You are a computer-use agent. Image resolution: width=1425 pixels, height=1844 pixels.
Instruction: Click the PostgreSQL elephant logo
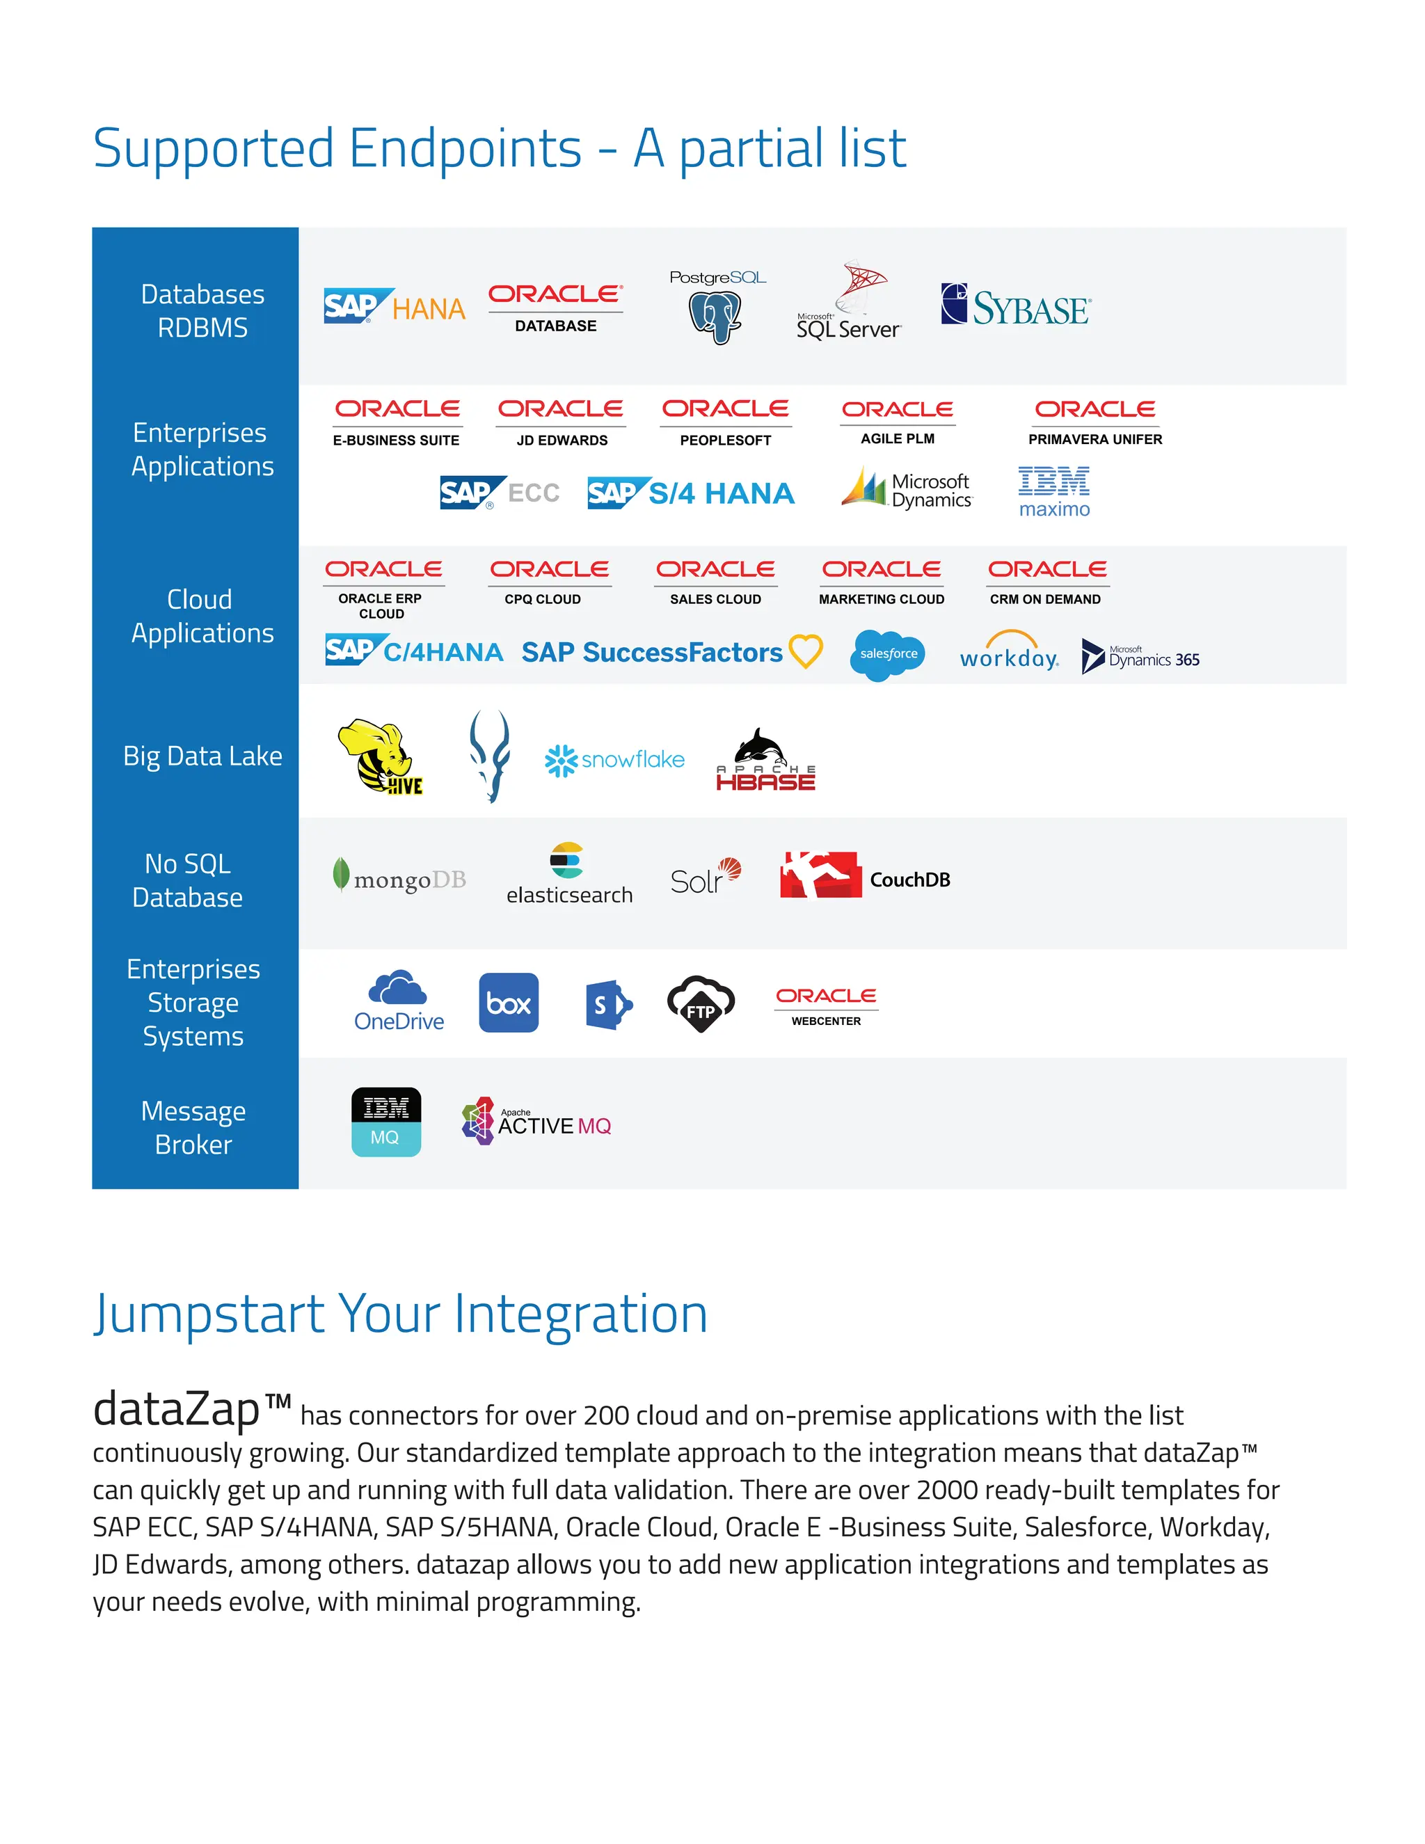point(716,309)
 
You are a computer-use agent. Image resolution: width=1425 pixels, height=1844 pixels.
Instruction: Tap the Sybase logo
point(1016,305)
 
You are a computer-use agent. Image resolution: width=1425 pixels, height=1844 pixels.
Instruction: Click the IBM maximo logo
point(1053,491)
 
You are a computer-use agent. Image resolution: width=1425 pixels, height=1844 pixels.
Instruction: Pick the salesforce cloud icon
point(887,654)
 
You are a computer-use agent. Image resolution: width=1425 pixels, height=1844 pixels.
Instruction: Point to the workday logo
point(1009,652)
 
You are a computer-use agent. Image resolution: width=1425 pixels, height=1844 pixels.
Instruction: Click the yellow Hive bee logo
point(380,756)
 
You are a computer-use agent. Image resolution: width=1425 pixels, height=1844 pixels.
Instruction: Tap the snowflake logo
point(614,760)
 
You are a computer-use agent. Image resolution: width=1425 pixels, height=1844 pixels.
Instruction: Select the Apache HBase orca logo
point(765,760)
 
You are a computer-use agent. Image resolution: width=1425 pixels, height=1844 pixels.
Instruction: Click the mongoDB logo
point(400,878)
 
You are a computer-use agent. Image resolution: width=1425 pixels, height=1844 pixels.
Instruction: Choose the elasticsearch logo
point(568,875)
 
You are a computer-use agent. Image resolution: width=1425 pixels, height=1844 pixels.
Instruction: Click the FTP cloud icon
point(701,1004)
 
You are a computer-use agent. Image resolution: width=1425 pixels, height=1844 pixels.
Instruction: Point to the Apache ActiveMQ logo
point(537,1121)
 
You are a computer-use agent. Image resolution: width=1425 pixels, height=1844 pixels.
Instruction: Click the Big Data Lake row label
point(202,756)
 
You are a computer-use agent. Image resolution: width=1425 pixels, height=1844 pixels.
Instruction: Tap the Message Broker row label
point(193,1127)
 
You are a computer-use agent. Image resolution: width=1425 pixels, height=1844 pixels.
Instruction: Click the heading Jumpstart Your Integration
point(400,1314)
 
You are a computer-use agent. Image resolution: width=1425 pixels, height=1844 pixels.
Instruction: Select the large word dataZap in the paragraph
point(177,1409)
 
